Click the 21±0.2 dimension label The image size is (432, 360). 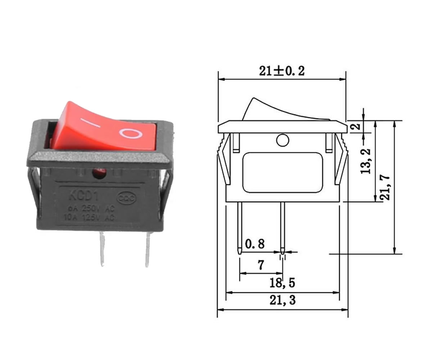(282, 71)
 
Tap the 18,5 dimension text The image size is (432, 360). (283, 283)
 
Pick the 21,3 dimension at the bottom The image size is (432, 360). (283, 300)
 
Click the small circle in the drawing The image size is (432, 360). (283, 140)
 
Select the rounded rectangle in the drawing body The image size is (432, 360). (283, 172)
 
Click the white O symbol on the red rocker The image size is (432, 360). (131, 133)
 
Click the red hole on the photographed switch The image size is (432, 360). (99, 173)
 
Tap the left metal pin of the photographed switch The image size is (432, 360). (102, 248)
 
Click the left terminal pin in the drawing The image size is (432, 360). (240, 227)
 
